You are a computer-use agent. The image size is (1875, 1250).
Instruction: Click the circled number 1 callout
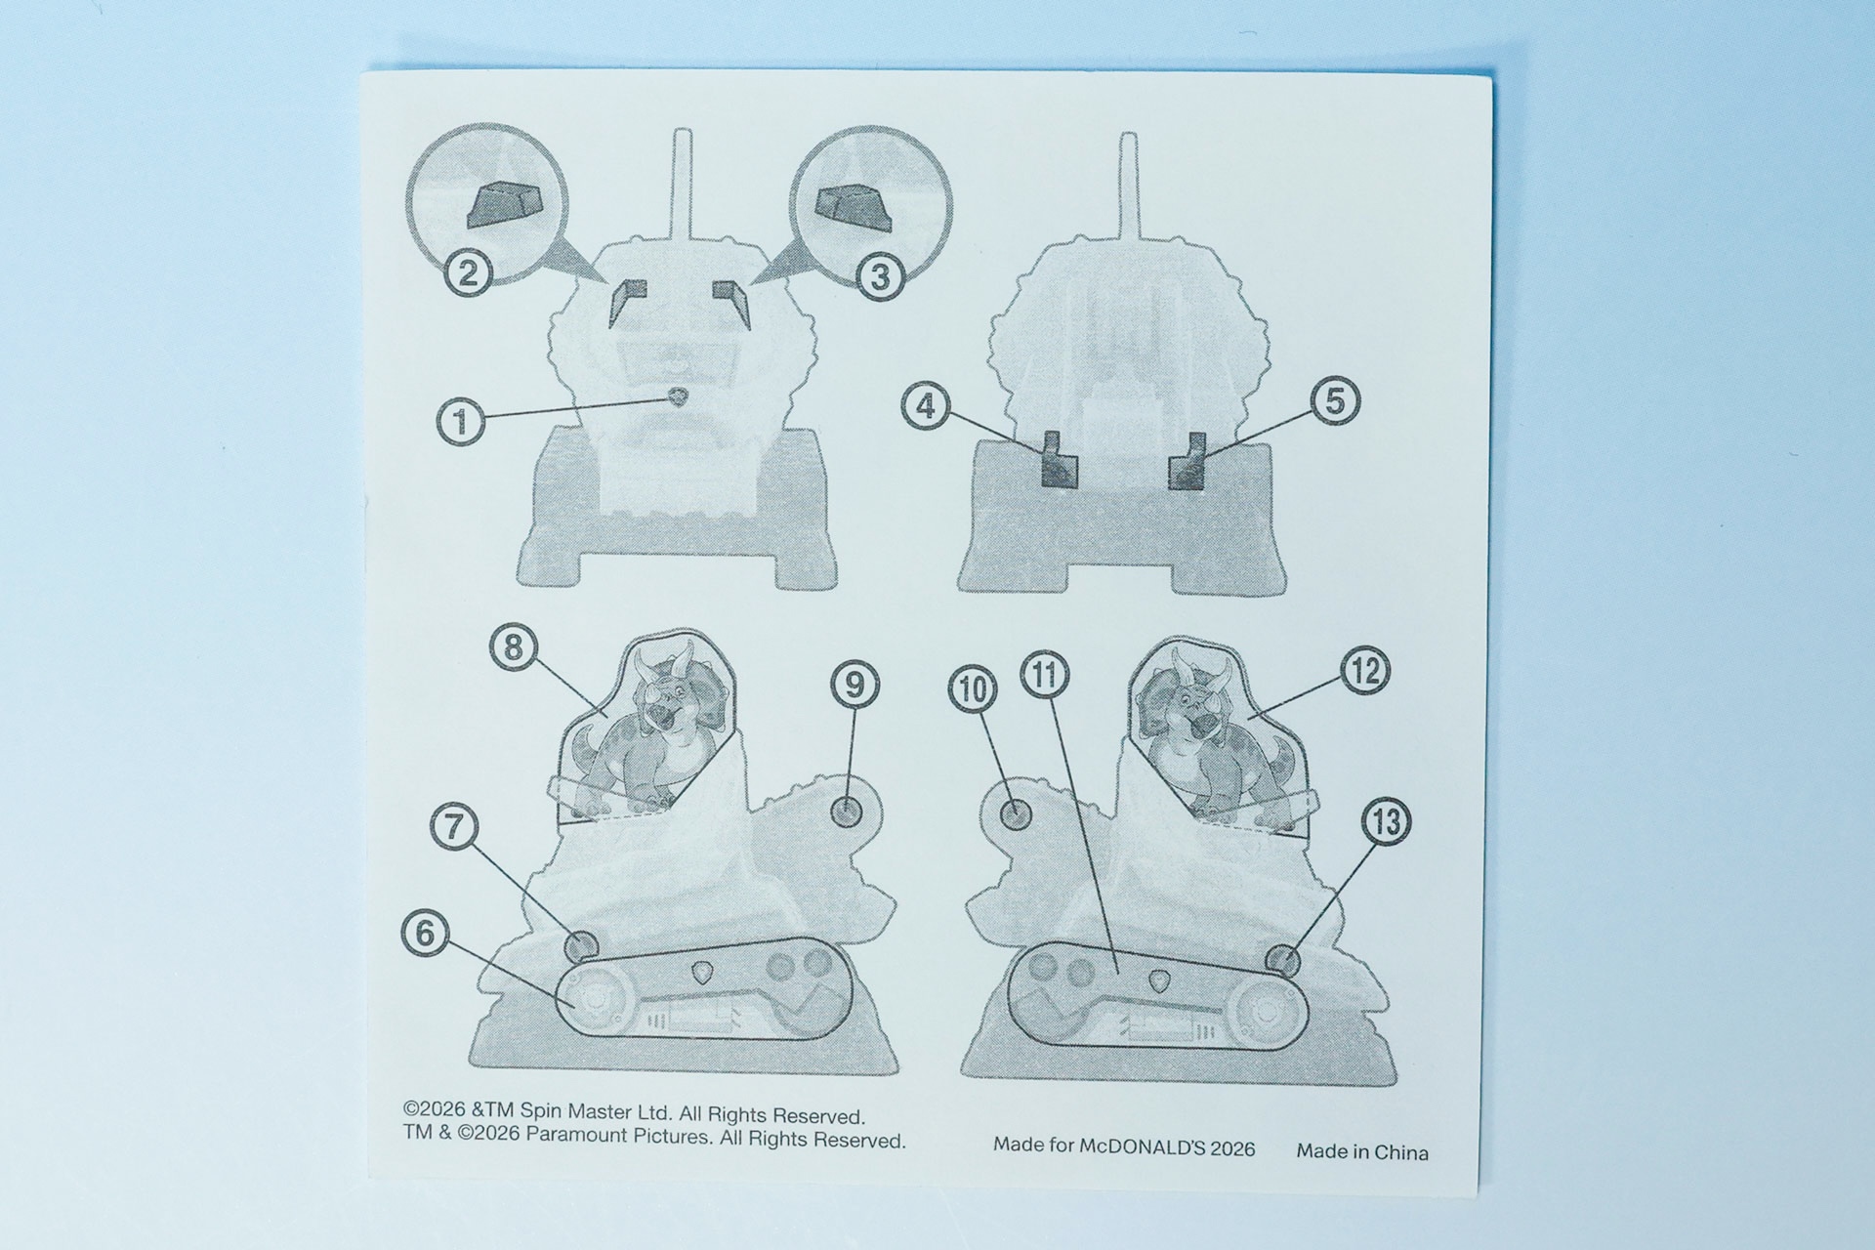461,422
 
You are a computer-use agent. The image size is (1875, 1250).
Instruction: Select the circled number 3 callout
880,277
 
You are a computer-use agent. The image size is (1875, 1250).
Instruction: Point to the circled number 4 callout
926,406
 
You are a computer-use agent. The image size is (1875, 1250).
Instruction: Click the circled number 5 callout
1334,401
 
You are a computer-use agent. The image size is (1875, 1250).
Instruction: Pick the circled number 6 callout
426,933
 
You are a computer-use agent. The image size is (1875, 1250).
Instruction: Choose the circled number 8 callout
515,646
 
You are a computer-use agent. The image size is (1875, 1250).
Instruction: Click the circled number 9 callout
854,686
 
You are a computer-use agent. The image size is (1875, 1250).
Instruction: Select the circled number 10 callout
973,690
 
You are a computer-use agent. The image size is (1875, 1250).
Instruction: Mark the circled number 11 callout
1045,675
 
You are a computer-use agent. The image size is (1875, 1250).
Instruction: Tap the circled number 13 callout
1386,822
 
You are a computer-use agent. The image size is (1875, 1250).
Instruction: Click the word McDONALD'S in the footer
1142,1146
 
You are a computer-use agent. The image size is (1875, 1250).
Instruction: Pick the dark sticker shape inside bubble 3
853,208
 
